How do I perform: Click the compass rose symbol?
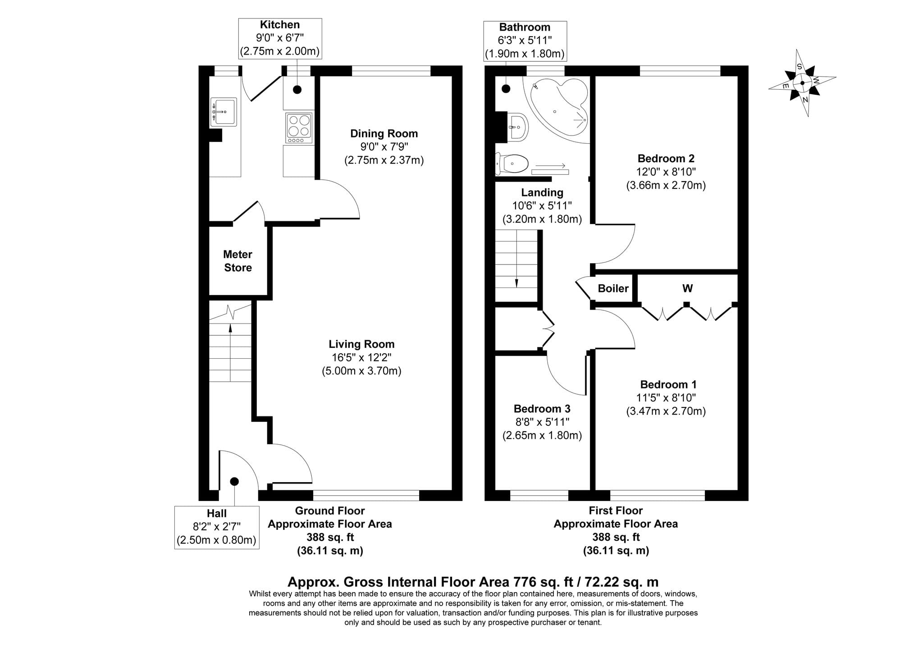coord(802,83)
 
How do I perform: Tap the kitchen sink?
coord(224,112)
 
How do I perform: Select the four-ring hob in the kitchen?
coord(299,128)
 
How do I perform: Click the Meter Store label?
coord(238,261)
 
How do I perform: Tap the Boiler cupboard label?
coord(613,288)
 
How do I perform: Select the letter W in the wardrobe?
coord(687,288)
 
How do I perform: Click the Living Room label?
coord(361,344)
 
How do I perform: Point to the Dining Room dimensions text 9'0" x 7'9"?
coord(384,147)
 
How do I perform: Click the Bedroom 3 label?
coord(542,409)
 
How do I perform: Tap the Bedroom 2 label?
coord(666,159)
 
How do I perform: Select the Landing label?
coord(542,193)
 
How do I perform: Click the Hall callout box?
coord(217,527)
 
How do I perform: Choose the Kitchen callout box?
coord(280,38)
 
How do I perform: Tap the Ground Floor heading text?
coord(330,511)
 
